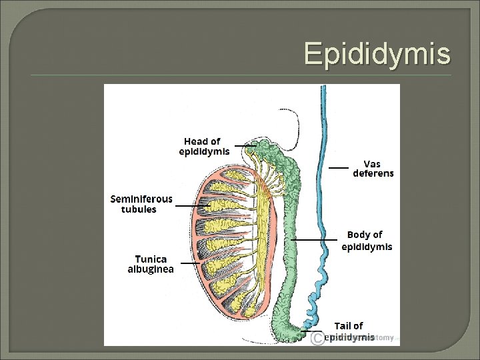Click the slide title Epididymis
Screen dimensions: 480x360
click(x=377, y=53)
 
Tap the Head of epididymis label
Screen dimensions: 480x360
click(x=204, y=146)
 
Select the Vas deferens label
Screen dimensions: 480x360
click(x=373, y=168)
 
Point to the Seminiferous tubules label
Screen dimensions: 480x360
click(x=141, y=204)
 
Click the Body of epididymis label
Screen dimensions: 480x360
click(x=367, y=241)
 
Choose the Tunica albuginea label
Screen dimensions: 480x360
click(x=151, y=264)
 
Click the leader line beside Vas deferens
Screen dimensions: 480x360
click(x=339, y=167)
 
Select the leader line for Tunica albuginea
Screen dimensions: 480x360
click(x=190, y=263)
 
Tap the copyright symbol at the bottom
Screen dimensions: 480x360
click(x=317, y=339)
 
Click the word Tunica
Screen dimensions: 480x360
click(x=151, y=259)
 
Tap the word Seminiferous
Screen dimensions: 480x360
click(x=141, y=199)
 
